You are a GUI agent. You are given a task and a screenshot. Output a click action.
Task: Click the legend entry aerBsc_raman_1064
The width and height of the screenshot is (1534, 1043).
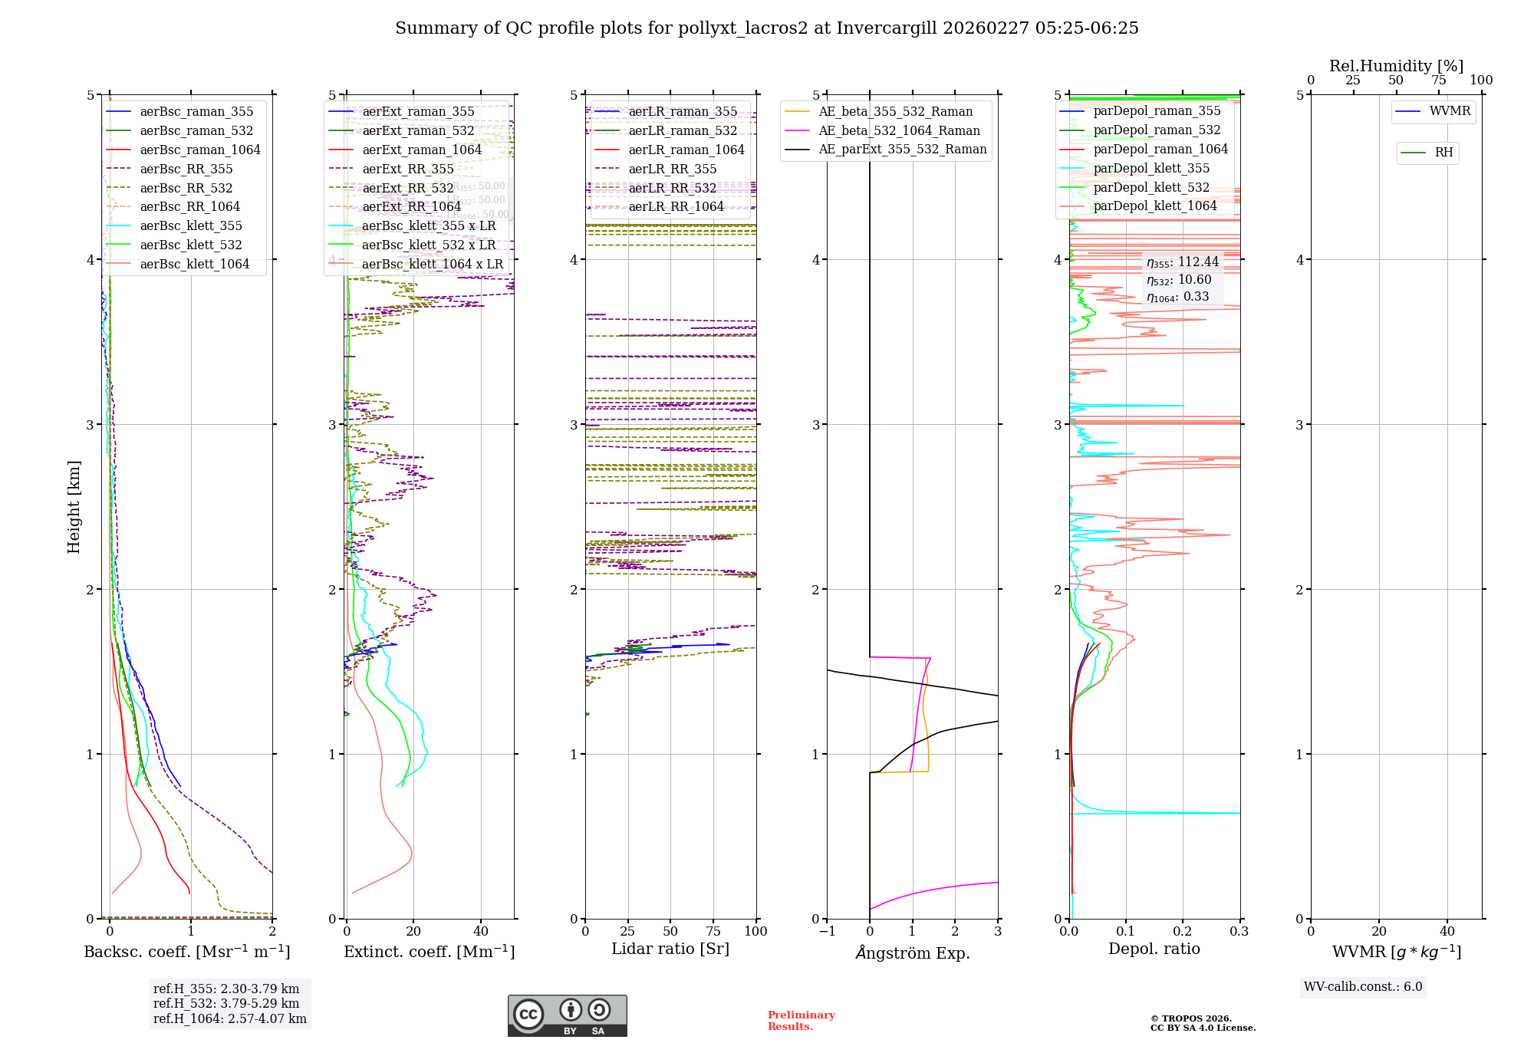coord(199,150)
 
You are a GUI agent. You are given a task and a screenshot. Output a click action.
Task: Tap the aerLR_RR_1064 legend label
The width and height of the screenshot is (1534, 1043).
coord(676,206)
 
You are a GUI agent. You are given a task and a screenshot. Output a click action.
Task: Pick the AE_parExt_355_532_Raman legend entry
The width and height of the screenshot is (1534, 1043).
coord(902,149)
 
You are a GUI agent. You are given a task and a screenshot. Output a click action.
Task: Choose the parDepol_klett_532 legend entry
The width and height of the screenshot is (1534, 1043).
coord(1150,187)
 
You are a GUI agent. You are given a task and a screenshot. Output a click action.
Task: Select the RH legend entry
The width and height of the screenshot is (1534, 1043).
coord(1443,153)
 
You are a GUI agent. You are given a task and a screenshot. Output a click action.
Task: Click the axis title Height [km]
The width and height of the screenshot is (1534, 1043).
coord(74,506)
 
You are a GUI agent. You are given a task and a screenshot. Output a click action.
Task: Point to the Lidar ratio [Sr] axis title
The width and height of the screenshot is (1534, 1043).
coord(670,949)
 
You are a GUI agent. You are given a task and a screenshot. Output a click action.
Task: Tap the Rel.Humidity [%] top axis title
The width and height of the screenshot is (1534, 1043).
coord(1396,66)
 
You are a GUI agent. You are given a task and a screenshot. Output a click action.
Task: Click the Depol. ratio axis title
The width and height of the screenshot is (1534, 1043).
coord(1154,949)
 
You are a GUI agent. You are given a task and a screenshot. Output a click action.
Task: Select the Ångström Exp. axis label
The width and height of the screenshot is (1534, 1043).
coord(913,953)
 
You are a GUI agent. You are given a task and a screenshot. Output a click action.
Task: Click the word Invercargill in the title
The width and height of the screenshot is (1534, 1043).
coord(886,28)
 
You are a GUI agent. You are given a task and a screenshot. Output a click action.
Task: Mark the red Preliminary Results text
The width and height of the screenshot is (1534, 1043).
coord(801,1020)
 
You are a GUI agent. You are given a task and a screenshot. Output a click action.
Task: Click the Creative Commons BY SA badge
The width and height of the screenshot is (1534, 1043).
coord(567,1015)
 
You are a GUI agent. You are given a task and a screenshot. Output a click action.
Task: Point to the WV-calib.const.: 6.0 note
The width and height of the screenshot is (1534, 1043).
coord(1363,987)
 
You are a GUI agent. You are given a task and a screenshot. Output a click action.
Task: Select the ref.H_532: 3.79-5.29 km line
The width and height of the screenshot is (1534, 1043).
coord(226,1003)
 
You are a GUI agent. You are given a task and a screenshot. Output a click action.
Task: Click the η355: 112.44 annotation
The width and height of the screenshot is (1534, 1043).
coord(1182,262)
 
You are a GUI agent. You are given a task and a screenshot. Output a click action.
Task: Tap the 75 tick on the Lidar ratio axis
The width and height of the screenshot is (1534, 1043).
coord(713,931)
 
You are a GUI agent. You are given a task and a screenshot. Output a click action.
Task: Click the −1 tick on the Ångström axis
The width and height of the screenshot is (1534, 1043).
coord(827,931)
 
